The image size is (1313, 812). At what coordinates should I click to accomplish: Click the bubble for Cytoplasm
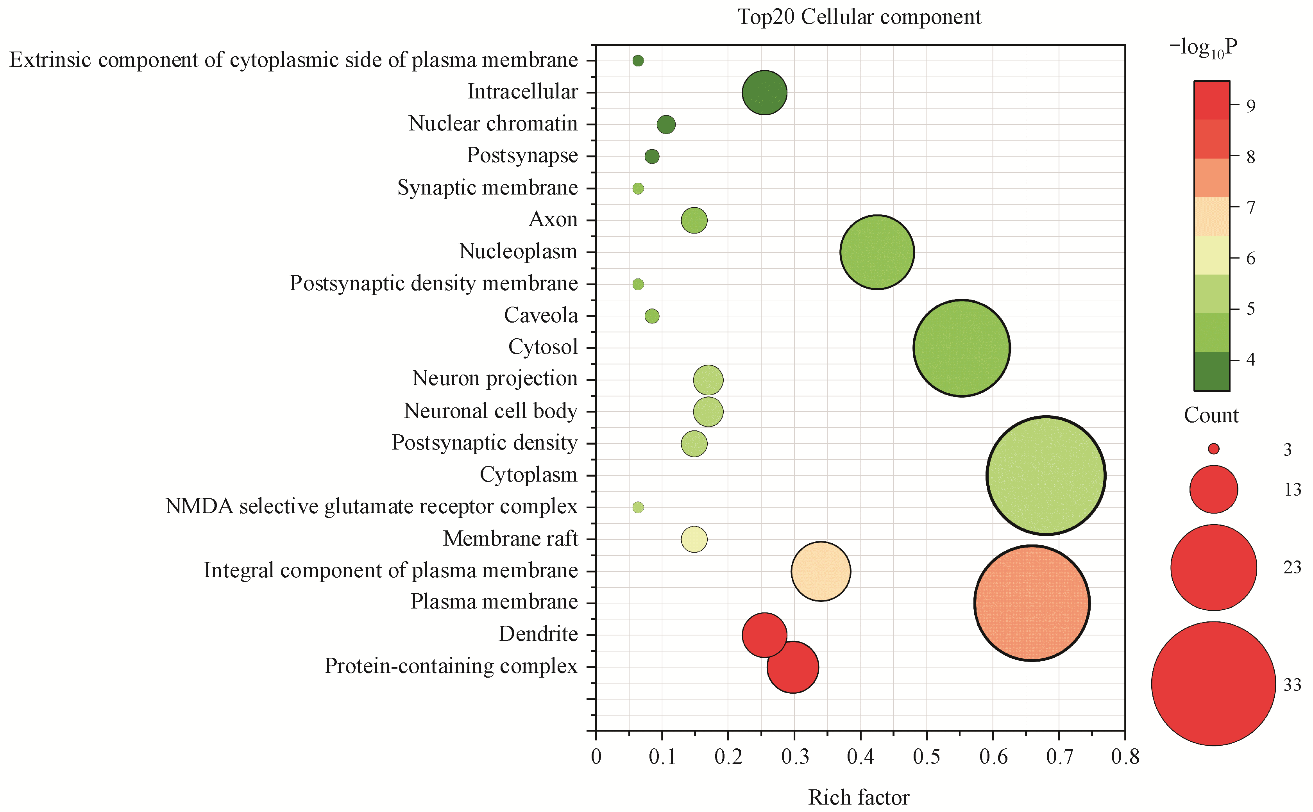[x=1045, y=475]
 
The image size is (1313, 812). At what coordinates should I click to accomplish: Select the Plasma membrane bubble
[x=1032, y=603]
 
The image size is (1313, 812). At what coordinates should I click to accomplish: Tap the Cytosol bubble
[x=962, y=348]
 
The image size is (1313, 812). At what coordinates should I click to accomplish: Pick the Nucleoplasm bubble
[x=877, y=252]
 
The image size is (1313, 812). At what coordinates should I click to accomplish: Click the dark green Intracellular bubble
[x=764, y=92]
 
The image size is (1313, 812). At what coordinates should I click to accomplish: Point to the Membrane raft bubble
[x=694, y=539]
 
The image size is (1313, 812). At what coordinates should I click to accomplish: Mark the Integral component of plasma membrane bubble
[x=820, y=571]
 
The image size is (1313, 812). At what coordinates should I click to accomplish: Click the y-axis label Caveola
[x=540, y=315]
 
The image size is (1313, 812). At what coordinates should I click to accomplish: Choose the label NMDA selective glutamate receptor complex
[x=371, y=507]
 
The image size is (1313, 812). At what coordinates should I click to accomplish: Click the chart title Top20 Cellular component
[x=859, y=17]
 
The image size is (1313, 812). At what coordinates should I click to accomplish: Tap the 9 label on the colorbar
[x=1251, y=106]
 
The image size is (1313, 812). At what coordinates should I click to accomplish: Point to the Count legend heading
[x=1211, y=415]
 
